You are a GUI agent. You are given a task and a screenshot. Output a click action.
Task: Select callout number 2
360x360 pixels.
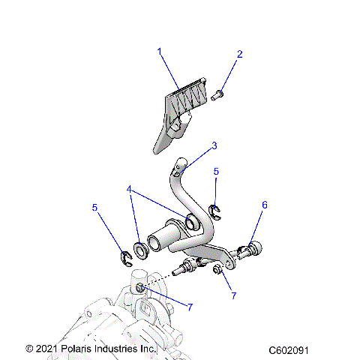[x=240, y=54]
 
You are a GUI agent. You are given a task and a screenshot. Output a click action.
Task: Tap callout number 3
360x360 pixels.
[x=214, y=145]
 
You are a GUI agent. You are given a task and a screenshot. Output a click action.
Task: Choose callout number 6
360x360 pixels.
[x=264, y=204]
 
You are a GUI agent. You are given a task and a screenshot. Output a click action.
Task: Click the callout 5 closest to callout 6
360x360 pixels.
[x=216, y=172]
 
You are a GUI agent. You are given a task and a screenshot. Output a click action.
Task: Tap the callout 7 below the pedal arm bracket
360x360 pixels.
[x=233, y=295]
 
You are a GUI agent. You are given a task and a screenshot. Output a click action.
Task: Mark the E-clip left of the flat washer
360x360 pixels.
[x=124, y=259]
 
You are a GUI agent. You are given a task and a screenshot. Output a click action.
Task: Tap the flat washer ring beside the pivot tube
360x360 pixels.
[x=140, y=248]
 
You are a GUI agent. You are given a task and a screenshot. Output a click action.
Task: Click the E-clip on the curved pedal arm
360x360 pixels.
[x=213, y=209]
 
